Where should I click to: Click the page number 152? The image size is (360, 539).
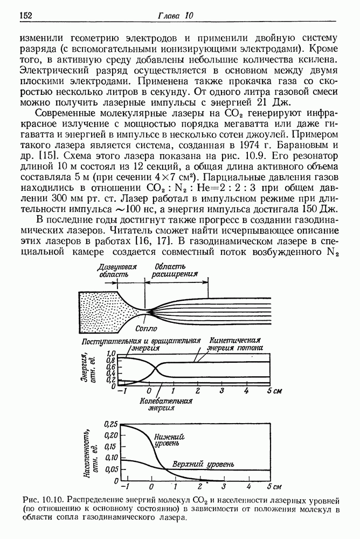(26, 16)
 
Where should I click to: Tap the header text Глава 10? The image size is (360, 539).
(175, 16)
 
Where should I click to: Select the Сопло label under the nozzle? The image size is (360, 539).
(146, 328)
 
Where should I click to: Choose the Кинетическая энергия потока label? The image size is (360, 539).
(236, 344)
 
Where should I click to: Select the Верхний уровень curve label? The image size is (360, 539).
(203, 464)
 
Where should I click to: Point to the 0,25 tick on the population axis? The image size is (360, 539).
(110, 424)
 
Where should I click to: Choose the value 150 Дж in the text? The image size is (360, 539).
(321, 208)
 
